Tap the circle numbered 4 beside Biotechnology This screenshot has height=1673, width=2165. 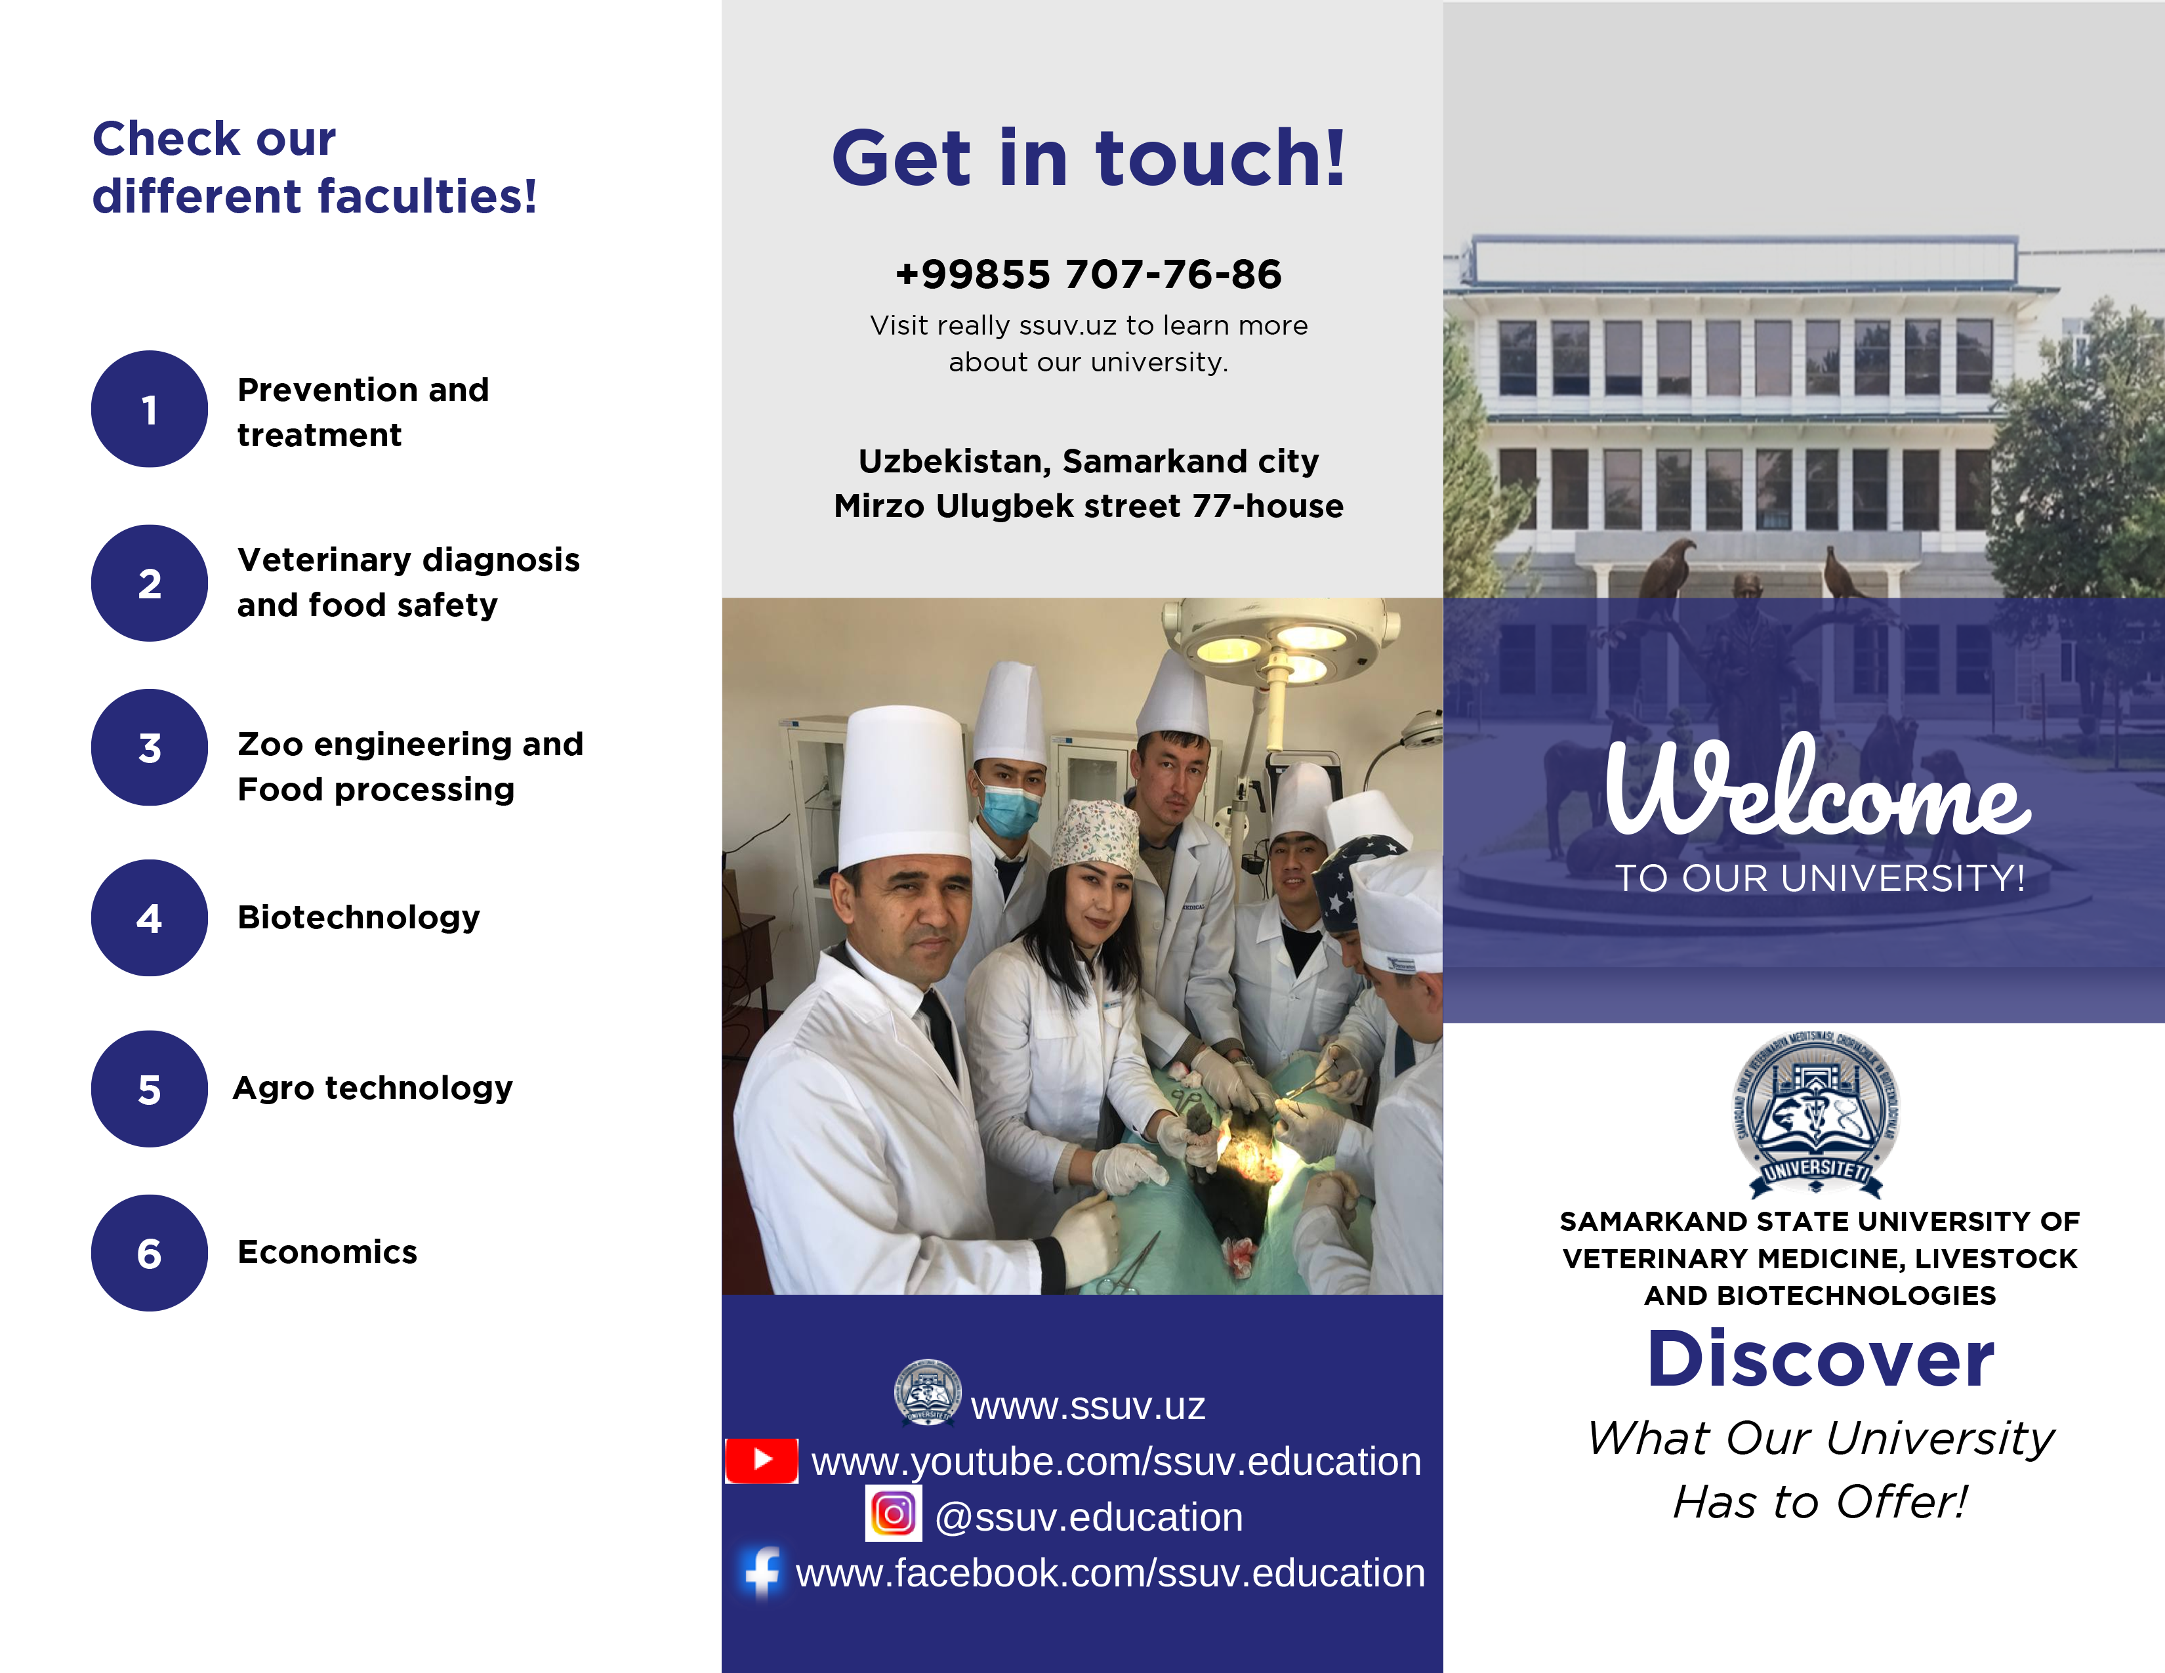(150, 918)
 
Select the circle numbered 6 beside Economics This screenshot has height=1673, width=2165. (150, 1252)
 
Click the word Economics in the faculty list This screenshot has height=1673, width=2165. (327, 1252)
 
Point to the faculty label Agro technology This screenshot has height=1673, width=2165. (373, 1088)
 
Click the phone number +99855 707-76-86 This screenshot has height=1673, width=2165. (1088, 274)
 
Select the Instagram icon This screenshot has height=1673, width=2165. (893, 1514)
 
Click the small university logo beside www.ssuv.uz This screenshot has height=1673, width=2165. (927, 1392)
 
